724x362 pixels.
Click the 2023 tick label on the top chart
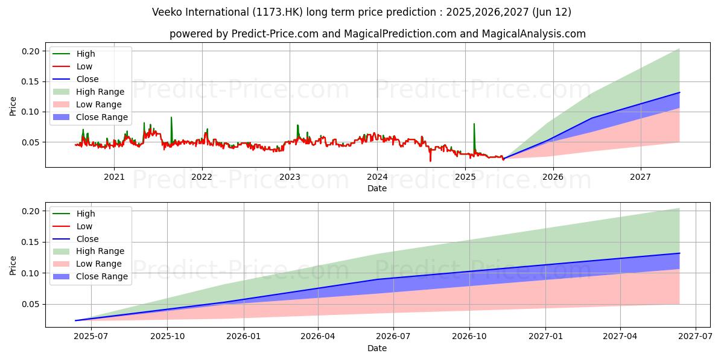[x=290, y=177]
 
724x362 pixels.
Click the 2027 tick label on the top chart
[x=640, y=177]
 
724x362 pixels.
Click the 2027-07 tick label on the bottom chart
[x=696, y=336]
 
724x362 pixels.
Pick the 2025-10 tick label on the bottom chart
[x=167, y=336]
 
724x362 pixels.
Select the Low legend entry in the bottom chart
[x=84, y=226]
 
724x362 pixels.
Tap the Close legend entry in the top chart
[x=87, y=79]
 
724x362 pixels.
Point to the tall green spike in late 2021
[x=171, y=119]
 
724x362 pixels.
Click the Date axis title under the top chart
[x=377, y=189]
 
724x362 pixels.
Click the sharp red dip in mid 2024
[x=430, y=159]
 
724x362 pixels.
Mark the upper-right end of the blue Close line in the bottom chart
[x=679, y=253]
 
